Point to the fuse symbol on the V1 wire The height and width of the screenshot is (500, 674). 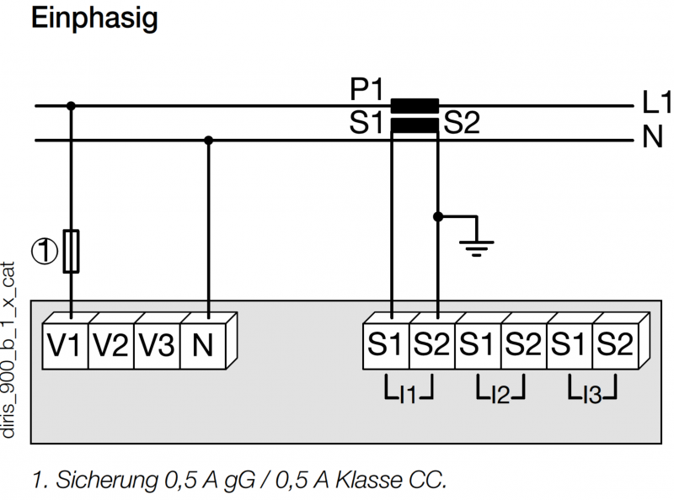click(71, 252)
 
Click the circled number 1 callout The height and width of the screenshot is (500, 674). click(45, 252)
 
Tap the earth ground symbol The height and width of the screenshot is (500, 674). click(476, 248)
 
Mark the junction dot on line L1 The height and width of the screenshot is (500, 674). click(71, 106)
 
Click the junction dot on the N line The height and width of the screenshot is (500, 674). click(208, 140)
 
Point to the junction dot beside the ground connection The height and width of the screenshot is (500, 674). click(437, 216)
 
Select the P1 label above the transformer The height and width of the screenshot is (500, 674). click(366, 89)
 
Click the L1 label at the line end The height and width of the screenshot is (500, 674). click(656, 102)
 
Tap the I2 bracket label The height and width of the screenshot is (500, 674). click(500, 390)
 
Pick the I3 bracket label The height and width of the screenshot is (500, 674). click(592, 390)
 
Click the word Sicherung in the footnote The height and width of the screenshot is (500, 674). click(107, 480)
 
